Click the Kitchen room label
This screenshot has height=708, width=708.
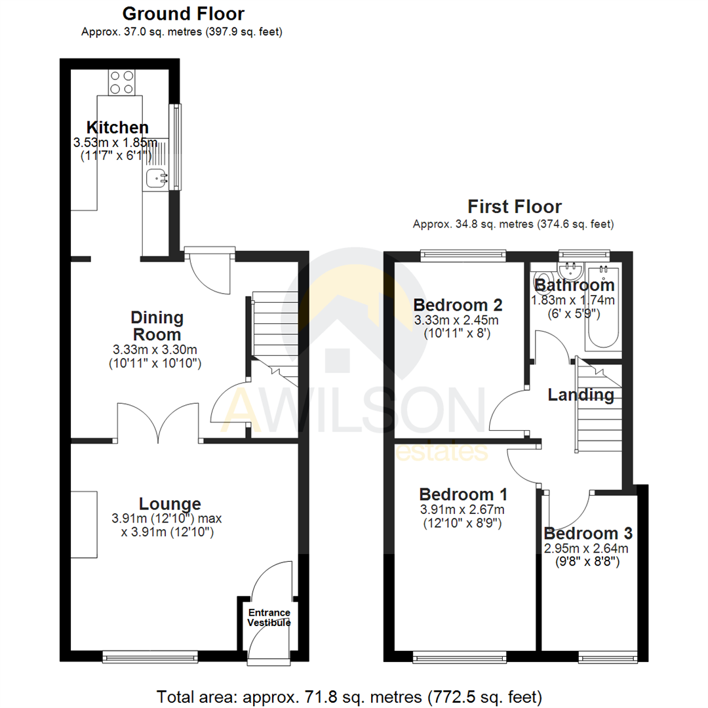[x=118, y=127]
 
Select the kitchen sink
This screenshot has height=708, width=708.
[x=155, y=177]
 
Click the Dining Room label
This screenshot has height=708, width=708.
[x=157, y=326]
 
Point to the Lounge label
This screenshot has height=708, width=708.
[x=170, y=503]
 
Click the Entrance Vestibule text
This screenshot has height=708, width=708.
[x=268, y=618]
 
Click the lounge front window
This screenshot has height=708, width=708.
[x=150, y=654]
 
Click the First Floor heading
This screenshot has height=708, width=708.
[x=513, y=206]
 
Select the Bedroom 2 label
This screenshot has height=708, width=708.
[x=458, y=305]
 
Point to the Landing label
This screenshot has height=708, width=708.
[x=581, y=395]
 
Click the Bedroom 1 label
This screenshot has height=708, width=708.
[x=463, y=494]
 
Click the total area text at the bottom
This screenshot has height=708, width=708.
[x=349, y=695]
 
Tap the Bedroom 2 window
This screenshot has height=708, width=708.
[x=463, y=252]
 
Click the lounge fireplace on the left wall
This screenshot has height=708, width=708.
[x=84, y=524]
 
